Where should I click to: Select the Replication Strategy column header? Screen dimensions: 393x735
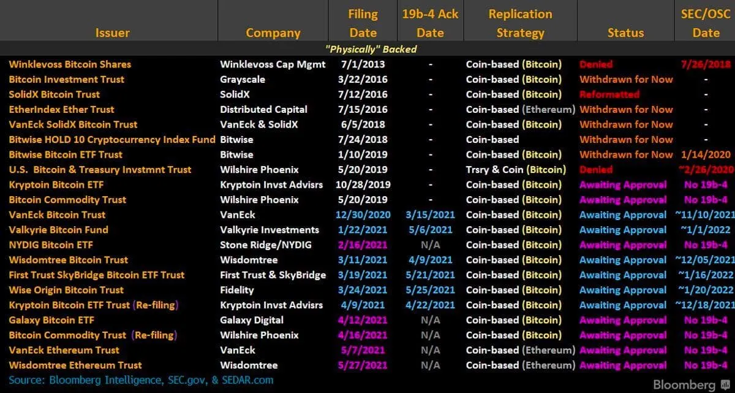pyautogui.click(x=520, y=23)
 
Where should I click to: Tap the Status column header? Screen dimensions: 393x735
pyautogui.click(x=625, y=33)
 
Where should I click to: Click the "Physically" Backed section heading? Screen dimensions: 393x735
pyautogui.click(x=371, y=49)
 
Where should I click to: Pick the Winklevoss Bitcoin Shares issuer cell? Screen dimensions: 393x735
pyautogui.click(x=70, y=64)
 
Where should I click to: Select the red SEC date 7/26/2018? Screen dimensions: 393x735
pyautogui.click(x=704, y=64)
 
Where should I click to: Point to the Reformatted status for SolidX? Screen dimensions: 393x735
pyautogui.click(x=609, y=94)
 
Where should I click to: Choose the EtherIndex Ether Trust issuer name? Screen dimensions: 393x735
pyautogui.click(x=61, y=109)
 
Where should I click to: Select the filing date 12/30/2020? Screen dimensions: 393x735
pyautogui.click(x=361, y=215)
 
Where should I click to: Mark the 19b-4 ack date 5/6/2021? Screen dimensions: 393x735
pyautogui.click(x=431, y=230)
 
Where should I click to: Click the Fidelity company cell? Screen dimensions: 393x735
pyautogui.click(x=236, y=290)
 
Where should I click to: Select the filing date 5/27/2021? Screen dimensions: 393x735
pyautogui.click(x=361, y=365)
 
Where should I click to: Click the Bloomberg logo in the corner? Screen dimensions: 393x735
pyautogui.click(x=684, y=385)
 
